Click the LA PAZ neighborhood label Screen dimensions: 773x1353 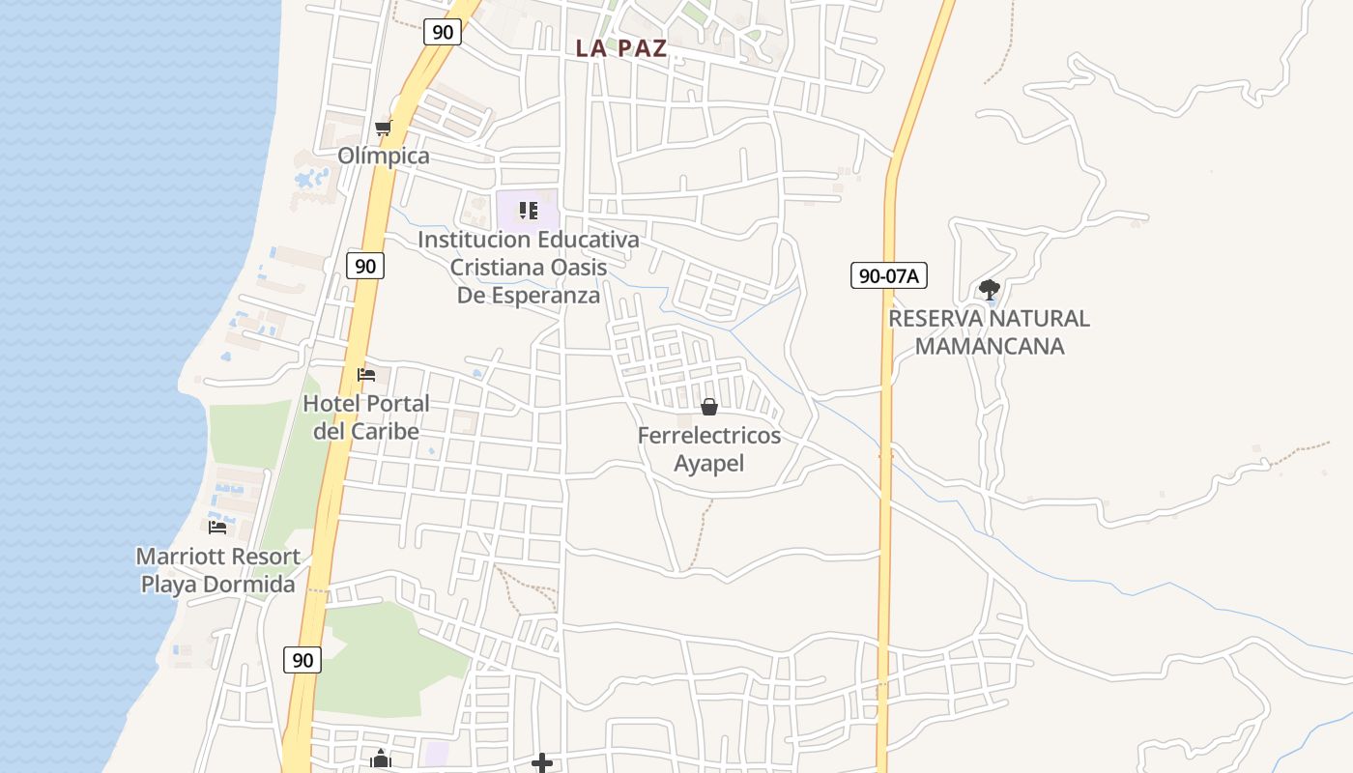coord(621,48)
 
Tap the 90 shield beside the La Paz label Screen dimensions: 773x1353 coord(443,32)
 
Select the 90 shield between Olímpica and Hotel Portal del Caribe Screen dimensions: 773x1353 coord(365,266)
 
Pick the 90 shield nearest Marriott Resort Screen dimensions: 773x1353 coord(302,660)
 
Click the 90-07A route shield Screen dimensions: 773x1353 coord(889,275)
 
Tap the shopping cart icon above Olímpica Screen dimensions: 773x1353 coord(383,129)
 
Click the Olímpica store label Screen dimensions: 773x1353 coord(384,156)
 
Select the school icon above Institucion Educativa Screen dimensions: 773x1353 coord(528,210)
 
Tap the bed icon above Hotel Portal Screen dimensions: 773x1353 coord(365,374)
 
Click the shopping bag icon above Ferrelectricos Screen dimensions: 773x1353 coord(709,407)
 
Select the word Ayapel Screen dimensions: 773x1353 coord(709,463)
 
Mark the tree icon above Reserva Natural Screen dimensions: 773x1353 coord(989,288)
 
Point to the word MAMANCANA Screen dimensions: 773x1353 coord(989,346)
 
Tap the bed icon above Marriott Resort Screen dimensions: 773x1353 coord(217,527)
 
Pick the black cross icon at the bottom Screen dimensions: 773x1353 coord(542,763)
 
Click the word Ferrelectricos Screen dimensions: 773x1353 coord(709,436)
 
